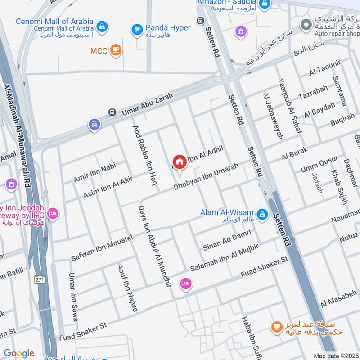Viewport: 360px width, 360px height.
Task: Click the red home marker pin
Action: coord(179,162)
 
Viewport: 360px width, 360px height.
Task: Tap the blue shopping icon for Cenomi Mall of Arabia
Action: coord(103,26)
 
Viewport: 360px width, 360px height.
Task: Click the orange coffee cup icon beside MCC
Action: coord(116,50)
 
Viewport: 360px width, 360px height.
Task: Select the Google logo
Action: coord(18,353)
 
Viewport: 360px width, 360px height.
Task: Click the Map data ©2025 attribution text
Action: coord(336,355)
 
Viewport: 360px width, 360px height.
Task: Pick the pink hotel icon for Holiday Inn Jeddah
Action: coord(53,213)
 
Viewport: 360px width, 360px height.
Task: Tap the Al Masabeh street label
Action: coord(339,300)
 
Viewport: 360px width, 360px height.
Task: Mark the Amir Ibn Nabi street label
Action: coord(94,173)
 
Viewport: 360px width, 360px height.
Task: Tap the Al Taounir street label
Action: coord(323,71)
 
